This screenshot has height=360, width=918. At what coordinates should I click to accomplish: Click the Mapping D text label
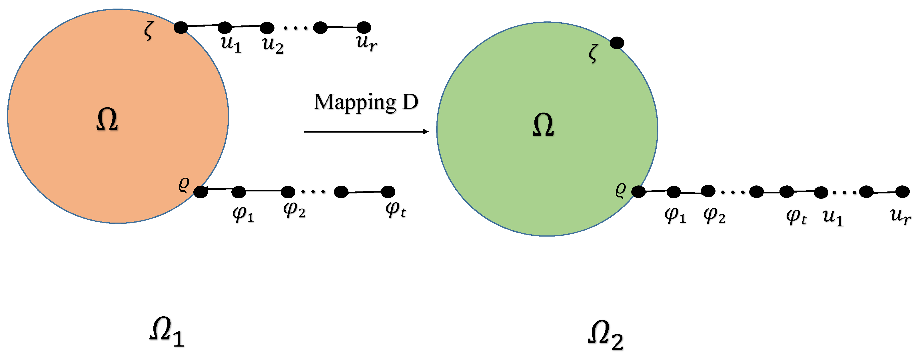[366, 102]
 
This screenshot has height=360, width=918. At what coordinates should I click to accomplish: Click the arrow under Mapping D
[366, 131]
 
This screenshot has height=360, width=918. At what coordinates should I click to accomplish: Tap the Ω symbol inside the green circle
[543, 125]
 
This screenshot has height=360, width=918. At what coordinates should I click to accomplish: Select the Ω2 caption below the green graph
[605, 335]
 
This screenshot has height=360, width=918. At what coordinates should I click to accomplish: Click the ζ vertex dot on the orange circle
[181, 27]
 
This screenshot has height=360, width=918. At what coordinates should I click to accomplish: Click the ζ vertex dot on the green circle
[617, 43]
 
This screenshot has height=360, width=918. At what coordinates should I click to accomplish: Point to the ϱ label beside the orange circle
[184, 184]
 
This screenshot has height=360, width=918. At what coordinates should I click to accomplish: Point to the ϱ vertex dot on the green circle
[638, 192]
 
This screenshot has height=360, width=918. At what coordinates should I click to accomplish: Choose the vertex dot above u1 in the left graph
[225, 27]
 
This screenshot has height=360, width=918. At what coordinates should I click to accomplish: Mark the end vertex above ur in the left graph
[364, 27]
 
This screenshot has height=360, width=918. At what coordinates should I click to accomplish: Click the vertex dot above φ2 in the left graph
[288, 192]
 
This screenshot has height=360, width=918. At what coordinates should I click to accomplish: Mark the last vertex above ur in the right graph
[902, 192]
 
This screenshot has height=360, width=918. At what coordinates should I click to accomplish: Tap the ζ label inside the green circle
[593, 53]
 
